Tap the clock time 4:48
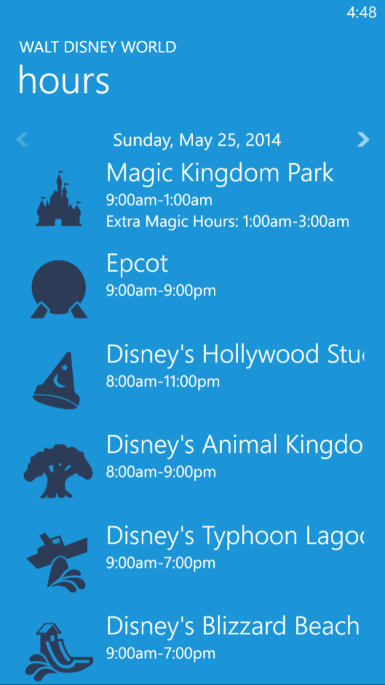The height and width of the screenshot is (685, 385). pyautogui.click(x=361, y=13)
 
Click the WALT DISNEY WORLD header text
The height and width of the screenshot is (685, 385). pyautogui.click(x=98, y=47)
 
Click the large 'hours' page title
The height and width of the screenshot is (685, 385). pyautogui.click(x=63, y=80)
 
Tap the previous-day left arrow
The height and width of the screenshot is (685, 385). pyautogui.click(x=22, y=140)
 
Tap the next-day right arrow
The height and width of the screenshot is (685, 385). pyautogui.click(x=363, y=140)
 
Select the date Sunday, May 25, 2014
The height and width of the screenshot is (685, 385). pyautogui.click(x=197, y=140)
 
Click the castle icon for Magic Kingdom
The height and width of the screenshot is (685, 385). pyautogui.click(x=59, y=199)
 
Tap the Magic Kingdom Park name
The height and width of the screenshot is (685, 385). pyautogui.click(x=220, y=174)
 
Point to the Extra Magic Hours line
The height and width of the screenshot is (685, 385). pyautogui.click(x=228, y=222)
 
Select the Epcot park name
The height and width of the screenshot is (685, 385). pyautogui.click(x=137, y=264)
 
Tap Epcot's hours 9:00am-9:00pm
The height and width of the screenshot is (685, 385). pyautogui.click(x=161, y=291)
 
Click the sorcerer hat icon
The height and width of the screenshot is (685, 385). pyautogui.click(x=57, y=381)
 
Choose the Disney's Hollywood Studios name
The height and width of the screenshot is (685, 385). pyautogui.click(x=235, y=355)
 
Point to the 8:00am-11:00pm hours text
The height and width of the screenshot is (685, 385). pyautogui.click(x=163, y=382)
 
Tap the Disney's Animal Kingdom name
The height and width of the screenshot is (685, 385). pyautogui.click(x=235, y=446)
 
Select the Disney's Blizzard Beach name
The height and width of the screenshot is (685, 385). pyautogui.click(x=233, y=627)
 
